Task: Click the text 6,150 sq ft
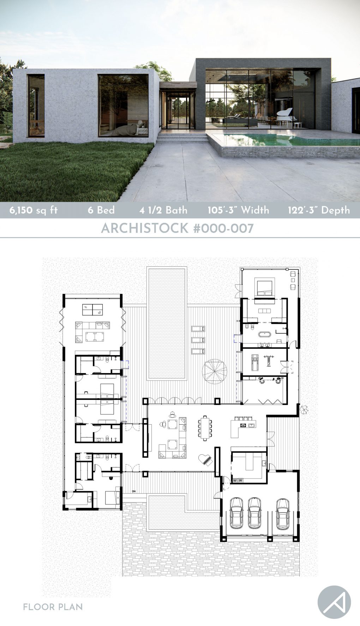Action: (34, 211)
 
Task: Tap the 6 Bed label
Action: (101, 210)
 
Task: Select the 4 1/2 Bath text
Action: (163, 210)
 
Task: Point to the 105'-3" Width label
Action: (238, 210)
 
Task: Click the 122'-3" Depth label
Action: (319, 210)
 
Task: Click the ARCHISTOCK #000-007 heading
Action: (177, 229)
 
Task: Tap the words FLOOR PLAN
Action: (53, 607)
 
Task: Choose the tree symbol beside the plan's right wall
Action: (304, 409)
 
